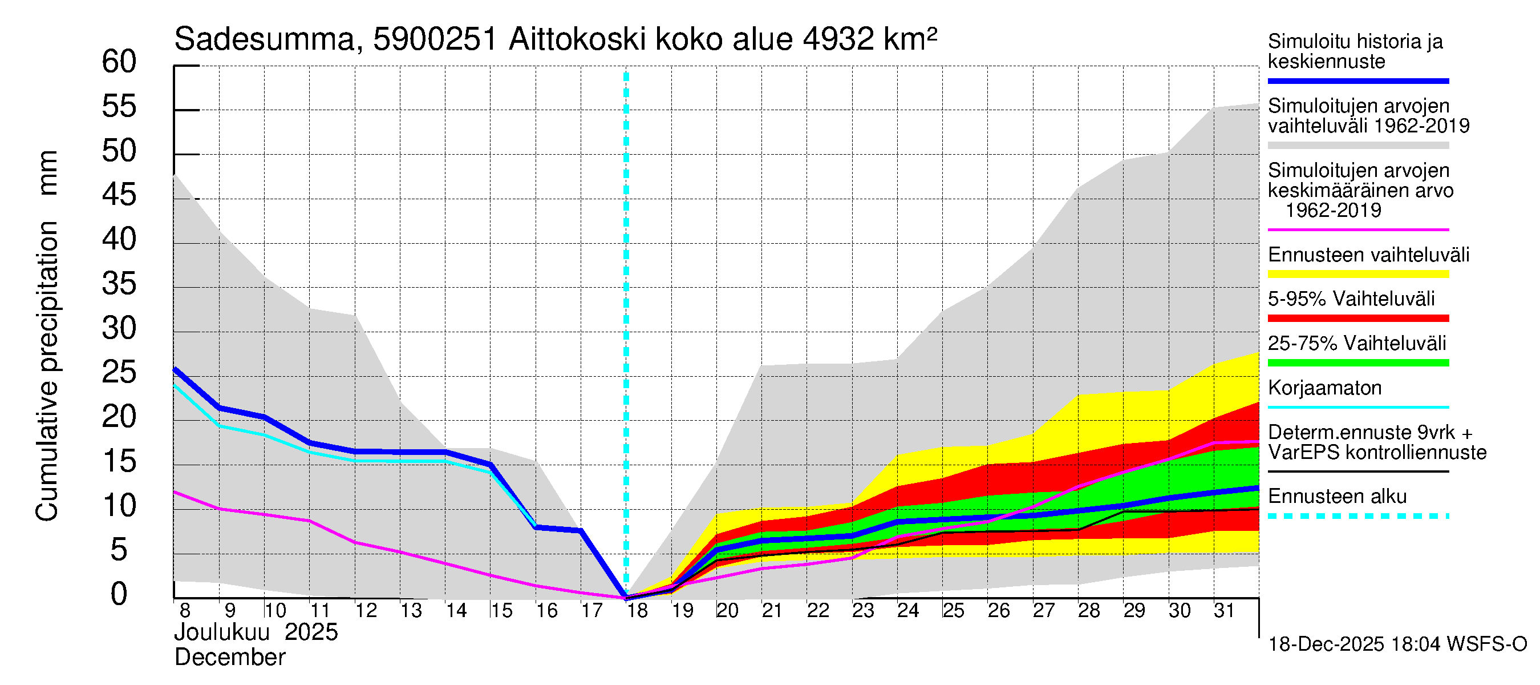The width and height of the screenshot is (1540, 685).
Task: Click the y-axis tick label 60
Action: pyautogui.click(x=119, y=62)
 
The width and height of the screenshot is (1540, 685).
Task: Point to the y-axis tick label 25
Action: pyautogui.click(x=119, y=373)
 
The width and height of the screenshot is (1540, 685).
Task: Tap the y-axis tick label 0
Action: pyautogui.click(x=119, y=594)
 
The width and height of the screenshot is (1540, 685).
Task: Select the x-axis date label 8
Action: pyautogui.click(x=185, y=611)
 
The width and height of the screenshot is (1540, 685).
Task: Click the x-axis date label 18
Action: pyautogui.click(x=637, y=611)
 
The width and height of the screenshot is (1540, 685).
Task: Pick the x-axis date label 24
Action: pyautogui.click(x=908, y=611)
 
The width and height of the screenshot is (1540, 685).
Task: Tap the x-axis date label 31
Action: pyautogui.click(x=1225, y=611)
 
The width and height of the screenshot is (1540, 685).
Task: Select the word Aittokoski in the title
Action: pyautogui.click(x=577, y=40)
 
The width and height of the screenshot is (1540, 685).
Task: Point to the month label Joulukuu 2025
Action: pyautogui.click(x=256, y=632)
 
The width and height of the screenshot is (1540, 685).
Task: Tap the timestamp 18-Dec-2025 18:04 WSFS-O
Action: pyautogui.click(x=1397, y=644)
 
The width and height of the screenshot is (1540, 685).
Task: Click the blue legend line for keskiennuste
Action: pyautogui.click(x=1357, y=80)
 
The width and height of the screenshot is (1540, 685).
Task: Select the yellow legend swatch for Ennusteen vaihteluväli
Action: pyautogui.click(x=1357, y=275)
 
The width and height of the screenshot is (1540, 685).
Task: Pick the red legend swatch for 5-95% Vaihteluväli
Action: pyautogui.click(x=1357, y=319)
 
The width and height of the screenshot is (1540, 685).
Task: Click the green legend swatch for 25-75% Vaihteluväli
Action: pyautogui.click(x=1357, y=362)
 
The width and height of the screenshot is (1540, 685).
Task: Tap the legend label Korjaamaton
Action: pyautogui.click(x=1324, y=388)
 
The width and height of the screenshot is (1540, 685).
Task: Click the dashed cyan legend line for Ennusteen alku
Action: pyautogui.click(x=1357, y=515)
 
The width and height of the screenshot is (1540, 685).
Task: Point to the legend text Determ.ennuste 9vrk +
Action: pyautogui.click(x=1369, y=433)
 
